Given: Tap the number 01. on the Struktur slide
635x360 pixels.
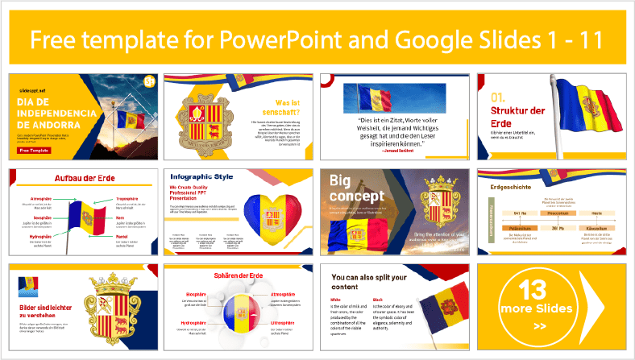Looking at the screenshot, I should point(502,98).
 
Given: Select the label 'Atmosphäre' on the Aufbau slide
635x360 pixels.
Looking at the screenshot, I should point(46,197).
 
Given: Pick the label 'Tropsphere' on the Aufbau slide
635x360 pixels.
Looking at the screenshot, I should point(132,197).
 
